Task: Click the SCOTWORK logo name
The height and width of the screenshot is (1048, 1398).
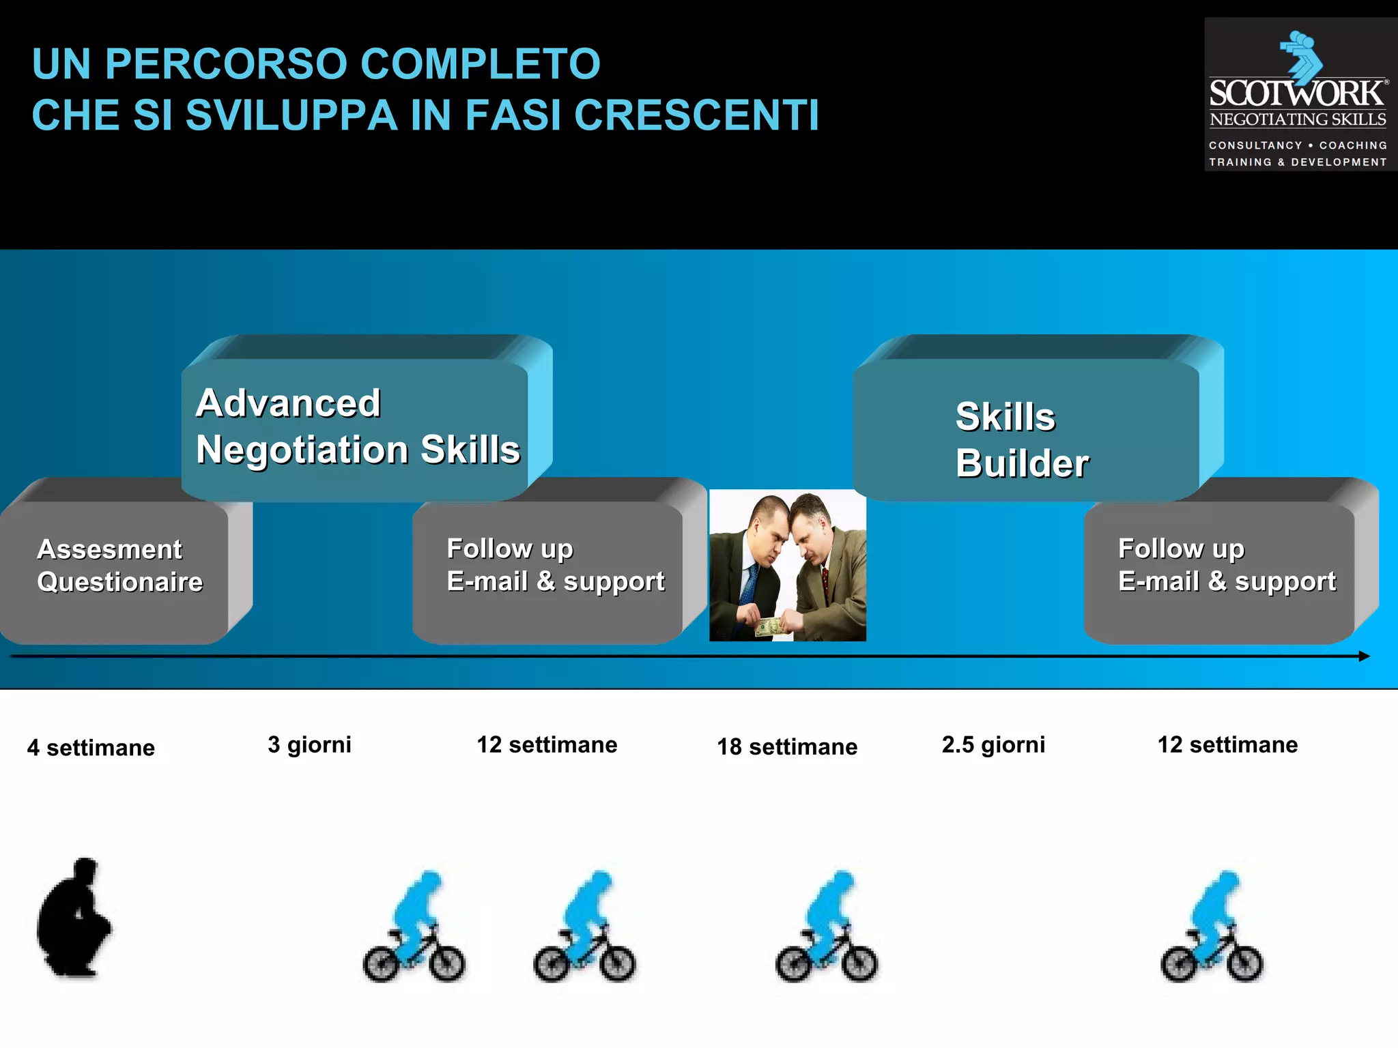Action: coord(1297,94)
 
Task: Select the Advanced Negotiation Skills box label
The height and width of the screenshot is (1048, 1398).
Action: coord(357,426)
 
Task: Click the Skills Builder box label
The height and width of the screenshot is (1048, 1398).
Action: coord(1022,439)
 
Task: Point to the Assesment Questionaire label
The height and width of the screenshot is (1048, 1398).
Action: coord(119,565)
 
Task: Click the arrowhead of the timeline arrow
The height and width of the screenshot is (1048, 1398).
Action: coord(1364,656)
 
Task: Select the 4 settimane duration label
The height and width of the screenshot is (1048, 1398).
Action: coord(91,748)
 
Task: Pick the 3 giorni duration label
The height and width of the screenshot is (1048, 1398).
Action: coord(309,744)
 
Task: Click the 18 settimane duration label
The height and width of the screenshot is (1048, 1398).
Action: coord(786,746)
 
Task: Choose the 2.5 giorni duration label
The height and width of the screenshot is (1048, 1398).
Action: coord(993,744)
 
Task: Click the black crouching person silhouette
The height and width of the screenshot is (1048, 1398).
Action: coord(74,918)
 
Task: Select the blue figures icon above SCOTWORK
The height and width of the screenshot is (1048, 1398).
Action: coord(1301,53)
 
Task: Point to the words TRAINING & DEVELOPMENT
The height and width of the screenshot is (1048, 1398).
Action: coord(1298,162)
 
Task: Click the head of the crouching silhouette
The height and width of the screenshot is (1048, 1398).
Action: coord(85,870)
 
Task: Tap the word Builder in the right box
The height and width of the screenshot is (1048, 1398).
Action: coord(1022,464)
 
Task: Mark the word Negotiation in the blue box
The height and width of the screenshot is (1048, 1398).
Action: coord(302,450)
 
